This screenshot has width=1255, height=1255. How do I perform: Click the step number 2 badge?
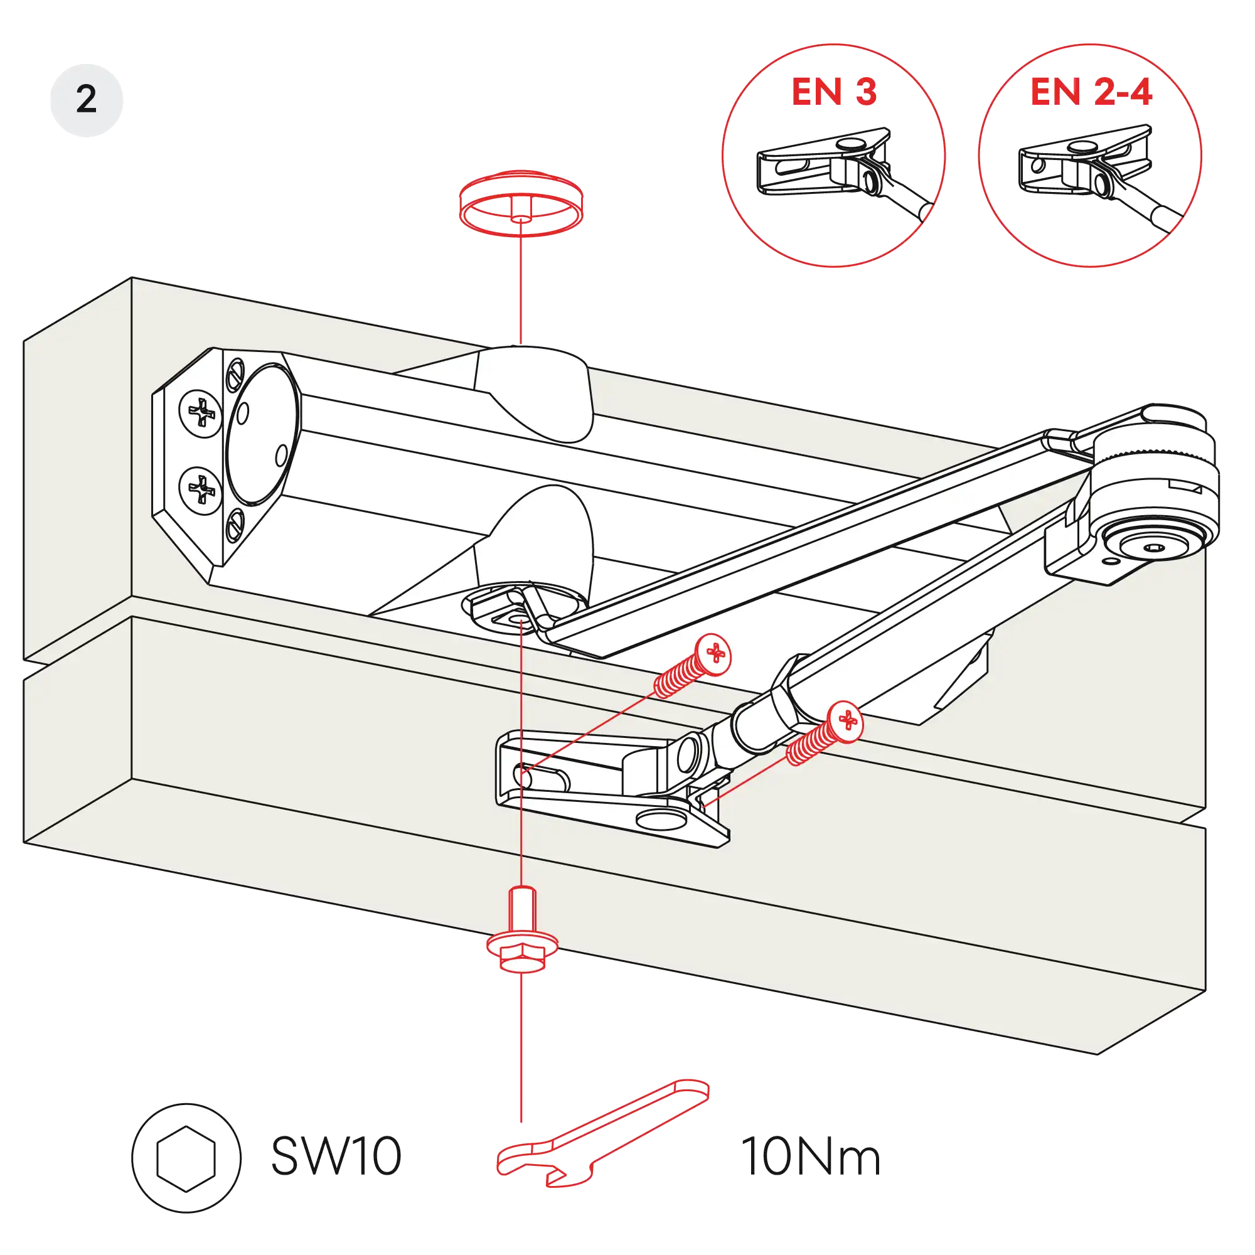[x=87, y=99]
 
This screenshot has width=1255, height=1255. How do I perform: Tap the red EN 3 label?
[x=834, y=91]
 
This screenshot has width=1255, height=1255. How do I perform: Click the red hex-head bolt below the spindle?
[x=521, y=936]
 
